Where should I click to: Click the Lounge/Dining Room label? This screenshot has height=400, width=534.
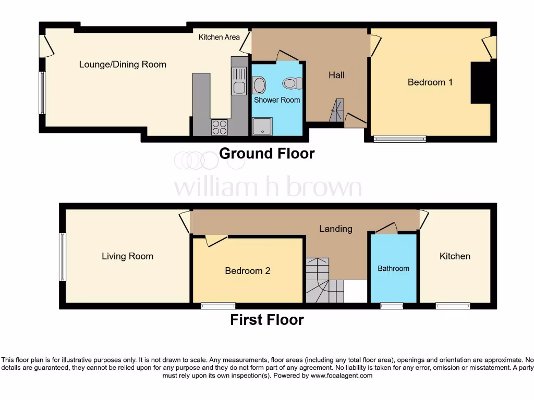pos(123,65)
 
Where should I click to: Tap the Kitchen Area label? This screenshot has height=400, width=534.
pos(219,37)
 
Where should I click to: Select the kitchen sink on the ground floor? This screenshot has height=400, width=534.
pos(239,82)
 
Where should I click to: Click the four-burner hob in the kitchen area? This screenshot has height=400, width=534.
pos(220,127)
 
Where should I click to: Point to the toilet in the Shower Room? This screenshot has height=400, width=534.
pos(292,83)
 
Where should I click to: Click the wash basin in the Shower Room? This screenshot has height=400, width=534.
pos(259,84)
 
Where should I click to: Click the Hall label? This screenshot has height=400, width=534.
pos(336,75)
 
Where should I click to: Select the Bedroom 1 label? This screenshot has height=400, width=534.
pos(430,82)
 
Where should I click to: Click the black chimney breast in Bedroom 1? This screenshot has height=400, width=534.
pos(481,82)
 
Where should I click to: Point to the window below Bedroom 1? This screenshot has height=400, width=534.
pos(399,139)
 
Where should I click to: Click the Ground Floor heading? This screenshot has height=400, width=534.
pos(266,154)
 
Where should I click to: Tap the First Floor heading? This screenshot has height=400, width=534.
pos(266,319)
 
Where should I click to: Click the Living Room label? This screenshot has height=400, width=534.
pos(127,256)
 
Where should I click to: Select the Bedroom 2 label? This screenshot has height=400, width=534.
pos(247,271)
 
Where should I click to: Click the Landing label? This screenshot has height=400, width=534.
pos(335,229)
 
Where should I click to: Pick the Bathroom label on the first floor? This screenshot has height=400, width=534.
pos(393,268)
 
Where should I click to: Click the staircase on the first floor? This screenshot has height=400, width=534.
pos(318,281)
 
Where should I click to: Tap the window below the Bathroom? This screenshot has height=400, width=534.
pos(392,306)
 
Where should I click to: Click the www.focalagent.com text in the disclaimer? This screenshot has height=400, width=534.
pos(342,376)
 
